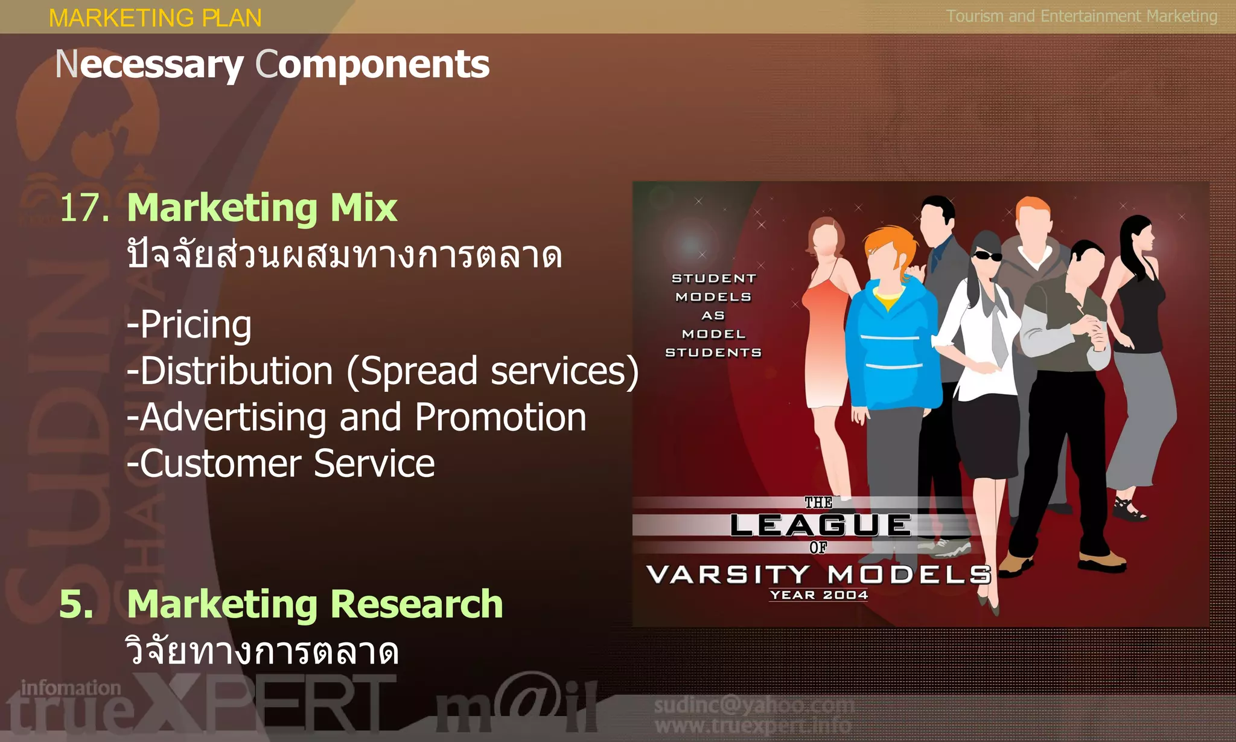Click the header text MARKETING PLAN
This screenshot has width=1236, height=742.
pos(155,18)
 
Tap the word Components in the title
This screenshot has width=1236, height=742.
pos(372,65)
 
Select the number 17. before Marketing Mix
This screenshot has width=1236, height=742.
pos(84,208)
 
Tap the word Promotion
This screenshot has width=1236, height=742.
pos(500,417)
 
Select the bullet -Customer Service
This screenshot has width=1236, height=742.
pos(281,464)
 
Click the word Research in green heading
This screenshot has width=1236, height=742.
pos(416,604)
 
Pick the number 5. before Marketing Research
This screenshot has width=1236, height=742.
pos(76,604)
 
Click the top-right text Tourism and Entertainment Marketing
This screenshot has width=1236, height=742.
pos(1081,16)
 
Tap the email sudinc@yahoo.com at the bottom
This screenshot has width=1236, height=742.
pos(754,705)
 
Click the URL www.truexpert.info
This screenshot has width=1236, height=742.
pos(753,725)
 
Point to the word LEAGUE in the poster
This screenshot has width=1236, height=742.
pos(820,525)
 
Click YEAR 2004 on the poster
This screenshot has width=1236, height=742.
pos(818,595)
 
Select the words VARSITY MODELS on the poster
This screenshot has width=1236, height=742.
pos(818,574)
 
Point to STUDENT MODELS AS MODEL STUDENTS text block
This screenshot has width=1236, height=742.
pos(713,315)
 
